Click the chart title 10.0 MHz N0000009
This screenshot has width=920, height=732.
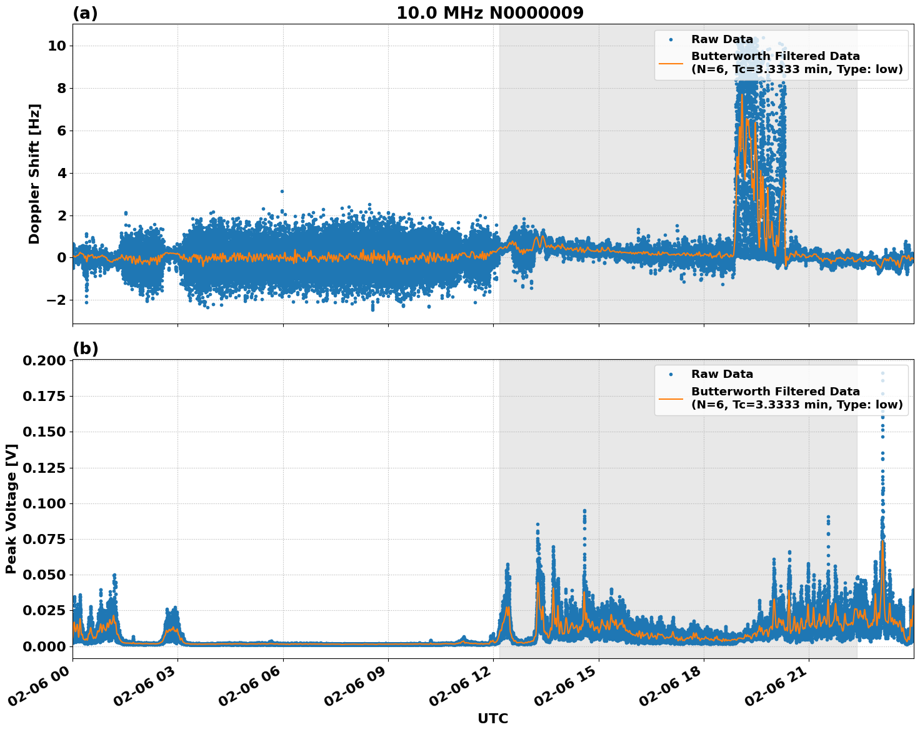(x=490, y=13)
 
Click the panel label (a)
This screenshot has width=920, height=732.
(x=85, y=13)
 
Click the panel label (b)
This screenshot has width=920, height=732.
(x=85, y=349)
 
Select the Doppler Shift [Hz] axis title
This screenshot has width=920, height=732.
(x=34, y=174)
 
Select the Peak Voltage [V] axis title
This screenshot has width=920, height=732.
(x=11, y=508)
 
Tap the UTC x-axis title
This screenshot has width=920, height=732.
(x=492, y=718)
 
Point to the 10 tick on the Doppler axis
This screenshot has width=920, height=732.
(x=57, y=46)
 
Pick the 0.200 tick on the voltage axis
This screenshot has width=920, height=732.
(x=44, y=361)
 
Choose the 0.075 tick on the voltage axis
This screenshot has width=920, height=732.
(x=44, y=539)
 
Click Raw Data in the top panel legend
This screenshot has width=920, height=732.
(x=722, y=39)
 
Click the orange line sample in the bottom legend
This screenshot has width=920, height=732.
(x=671, y=398)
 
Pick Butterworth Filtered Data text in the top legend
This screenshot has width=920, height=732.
(x=775, y=56)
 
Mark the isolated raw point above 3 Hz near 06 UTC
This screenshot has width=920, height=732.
(x=282, y=191)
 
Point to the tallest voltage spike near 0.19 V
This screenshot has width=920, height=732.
(x=882, y=373)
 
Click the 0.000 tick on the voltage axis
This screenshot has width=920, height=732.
(x=44, y=646)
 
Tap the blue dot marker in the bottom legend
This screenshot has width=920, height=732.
(x=671, y=374)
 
